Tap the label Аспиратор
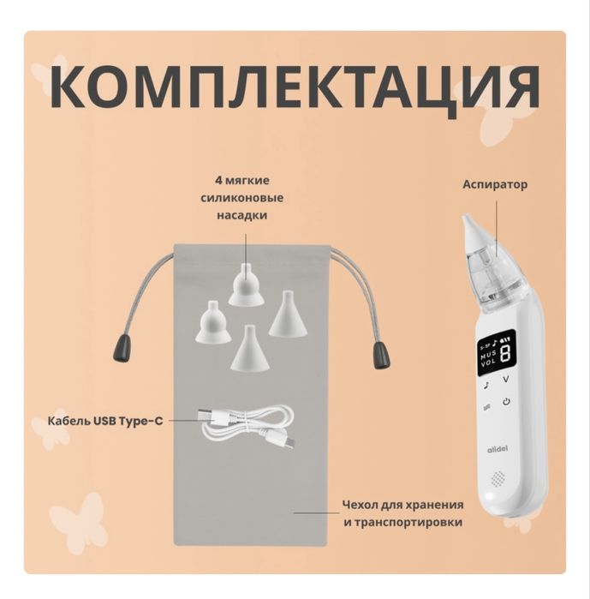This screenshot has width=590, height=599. pos(495,184)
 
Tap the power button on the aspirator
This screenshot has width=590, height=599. pos(506,401)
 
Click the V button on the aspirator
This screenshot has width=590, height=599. pos(506,378)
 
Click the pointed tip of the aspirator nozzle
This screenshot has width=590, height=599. pos(467,220)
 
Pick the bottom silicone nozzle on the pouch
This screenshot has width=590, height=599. pos(247,347)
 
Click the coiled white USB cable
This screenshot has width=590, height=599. pos(247,424)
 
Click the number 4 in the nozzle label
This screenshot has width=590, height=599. pos(219,182)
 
